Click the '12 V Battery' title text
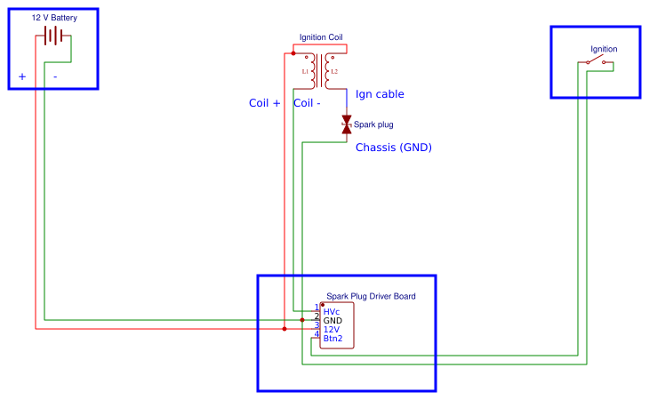pos(54,17)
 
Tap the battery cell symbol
pos(53,36)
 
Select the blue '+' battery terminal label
pos(22,76)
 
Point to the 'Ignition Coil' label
pos(321,37)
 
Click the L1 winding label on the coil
pos(305,71)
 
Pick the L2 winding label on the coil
pos(334,71)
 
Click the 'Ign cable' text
pos(380,93)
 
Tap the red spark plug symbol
pos(347,125)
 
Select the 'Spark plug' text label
pos(373,124)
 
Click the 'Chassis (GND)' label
pos(393,148)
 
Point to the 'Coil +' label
pos(264,103)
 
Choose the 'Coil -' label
pos(307,103)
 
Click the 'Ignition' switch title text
pos(604,49)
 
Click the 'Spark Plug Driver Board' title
pos(371,296)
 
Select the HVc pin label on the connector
pos(332,312)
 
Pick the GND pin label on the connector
pos(333,321)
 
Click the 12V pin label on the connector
pos(332,330)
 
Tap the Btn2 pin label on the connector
pos(333,339)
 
